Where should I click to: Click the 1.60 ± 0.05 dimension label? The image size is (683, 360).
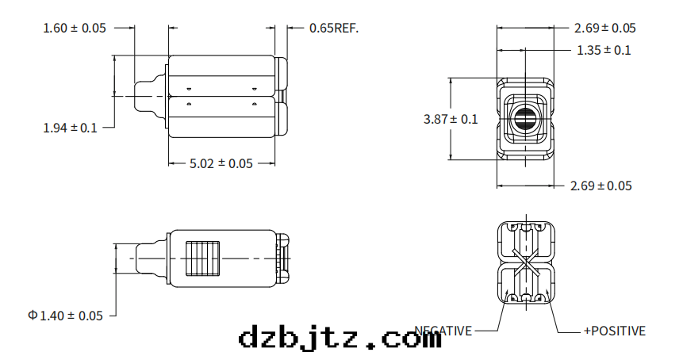[74, 28]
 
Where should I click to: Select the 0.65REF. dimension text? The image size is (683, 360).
[333, 28]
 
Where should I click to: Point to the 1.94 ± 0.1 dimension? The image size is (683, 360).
[70, 127]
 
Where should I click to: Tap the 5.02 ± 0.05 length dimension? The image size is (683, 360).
[221, 163]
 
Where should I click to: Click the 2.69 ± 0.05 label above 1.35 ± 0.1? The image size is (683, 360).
[604, 28]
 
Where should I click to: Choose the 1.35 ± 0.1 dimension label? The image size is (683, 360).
[604, 50]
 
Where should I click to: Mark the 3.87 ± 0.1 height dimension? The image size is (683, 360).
[451, 119]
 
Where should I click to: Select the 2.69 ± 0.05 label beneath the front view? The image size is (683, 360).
[601, 186]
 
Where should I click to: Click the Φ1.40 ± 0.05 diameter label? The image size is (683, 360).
[65, 316]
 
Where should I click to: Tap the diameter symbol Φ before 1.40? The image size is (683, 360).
[33, 316]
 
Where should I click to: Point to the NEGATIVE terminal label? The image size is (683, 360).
[444, 331]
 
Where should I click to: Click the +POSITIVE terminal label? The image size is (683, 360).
[614, 331]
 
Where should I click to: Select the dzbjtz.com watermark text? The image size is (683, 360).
[340, 339]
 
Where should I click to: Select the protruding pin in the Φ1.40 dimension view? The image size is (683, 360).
[149, 257]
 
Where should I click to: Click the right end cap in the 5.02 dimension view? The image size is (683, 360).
[281, 96]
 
